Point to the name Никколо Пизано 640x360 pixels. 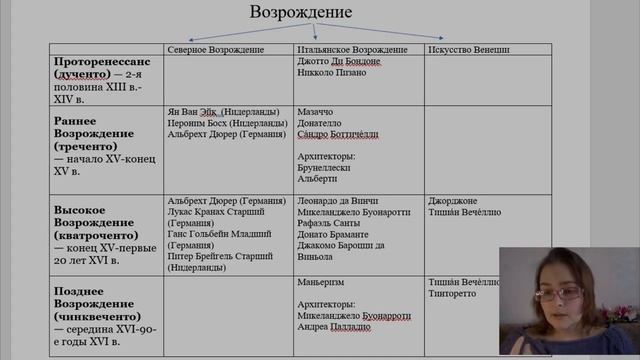[325, 73]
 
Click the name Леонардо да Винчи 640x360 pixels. [336, 200]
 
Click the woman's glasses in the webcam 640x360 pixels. [563, 292]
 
